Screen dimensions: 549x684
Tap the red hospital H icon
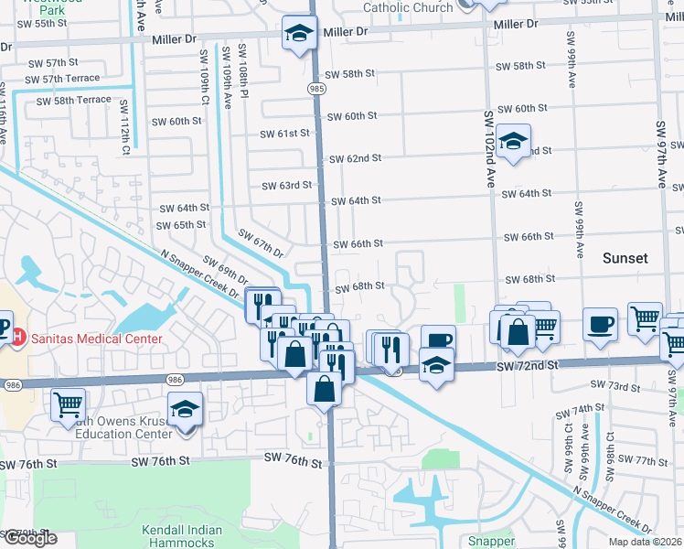tap(16, 339)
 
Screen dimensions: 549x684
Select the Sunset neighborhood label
tap(625, 258)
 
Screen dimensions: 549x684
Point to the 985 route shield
tap(315, 88)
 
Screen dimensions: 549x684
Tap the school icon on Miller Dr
tap(297, 35)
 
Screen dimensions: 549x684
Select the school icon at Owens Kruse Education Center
tap(185, 410)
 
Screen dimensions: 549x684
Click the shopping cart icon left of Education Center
tap(69, 404)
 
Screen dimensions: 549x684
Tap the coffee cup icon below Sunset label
tap(600, 324)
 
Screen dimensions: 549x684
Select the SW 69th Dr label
tap(226, 270)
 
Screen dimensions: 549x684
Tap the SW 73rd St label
tap(615, 385)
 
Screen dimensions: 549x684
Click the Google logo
tap(30, 537)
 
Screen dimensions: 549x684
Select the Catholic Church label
tap(407, 8)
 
